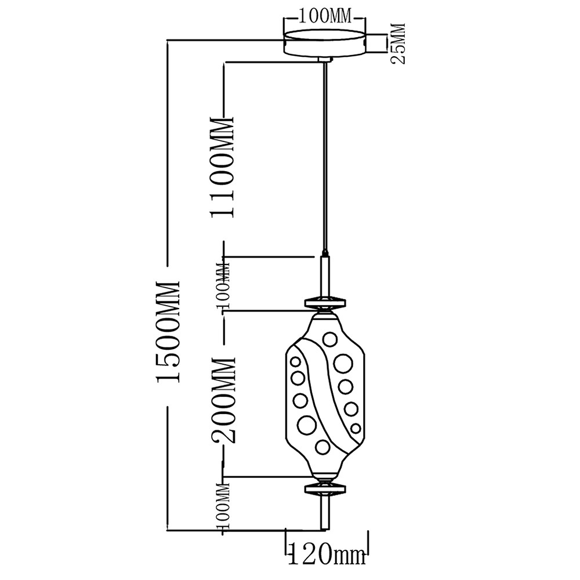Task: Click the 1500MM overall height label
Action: click(169, 331)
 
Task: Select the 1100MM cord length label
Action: click(223, 167)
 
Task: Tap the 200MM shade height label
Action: click(223, 400)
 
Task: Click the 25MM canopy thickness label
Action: click(398, 43)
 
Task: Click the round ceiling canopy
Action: click(324, 44)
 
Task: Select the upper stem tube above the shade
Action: click(325, 275)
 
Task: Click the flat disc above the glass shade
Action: click(325, 302)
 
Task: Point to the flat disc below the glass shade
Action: click(325, 489)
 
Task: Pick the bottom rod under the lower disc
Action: click(325, 513)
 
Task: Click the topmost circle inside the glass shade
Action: click(329, 339)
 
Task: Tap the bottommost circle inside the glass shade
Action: click(322, 447)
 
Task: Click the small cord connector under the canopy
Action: click(325, 60)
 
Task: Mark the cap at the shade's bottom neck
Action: click(325, 478)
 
